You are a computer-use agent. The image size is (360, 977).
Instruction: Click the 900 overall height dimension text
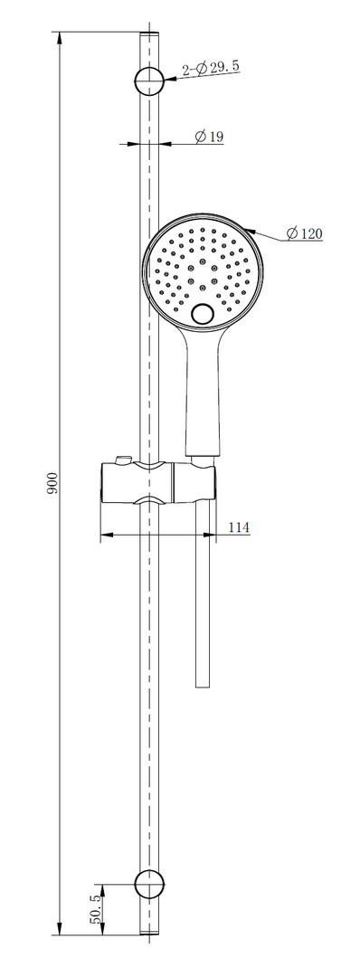(53, 483)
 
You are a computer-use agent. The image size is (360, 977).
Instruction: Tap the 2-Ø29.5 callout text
(211, 68)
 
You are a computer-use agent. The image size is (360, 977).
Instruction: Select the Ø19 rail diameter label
(209, 137)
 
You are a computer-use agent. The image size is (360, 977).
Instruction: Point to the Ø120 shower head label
(305, 233)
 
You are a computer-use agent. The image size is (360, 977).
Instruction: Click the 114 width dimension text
(239, 527)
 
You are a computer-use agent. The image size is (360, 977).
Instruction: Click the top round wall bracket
(149, 80)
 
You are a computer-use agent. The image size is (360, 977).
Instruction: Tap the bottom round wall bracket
(149, 884)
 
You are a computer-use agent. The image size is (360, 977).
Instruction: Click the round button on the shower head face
(203, 314)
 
